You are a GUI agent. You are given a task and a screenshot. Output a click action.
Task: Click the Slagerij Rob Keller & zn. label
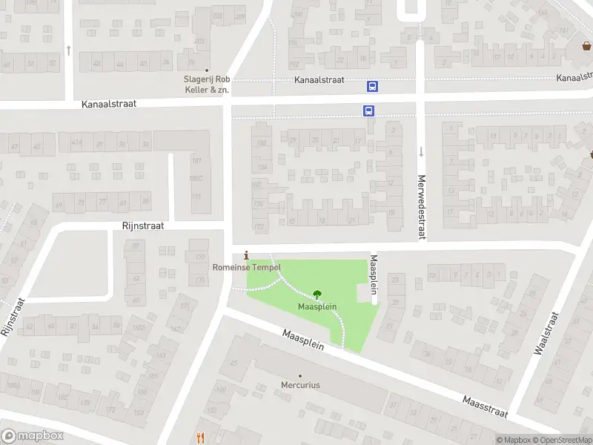click(x=207, y=85)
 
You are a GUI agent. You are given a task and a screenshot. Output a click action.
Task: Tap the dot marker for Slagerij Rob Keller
click(x=207, y=71)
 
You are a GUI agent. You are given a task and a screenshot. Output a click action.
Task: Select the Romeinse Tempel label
click(x=247, y=267)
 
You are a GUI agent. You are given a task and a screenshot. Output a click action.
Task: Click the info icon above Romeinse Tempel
click(x=247, y=254)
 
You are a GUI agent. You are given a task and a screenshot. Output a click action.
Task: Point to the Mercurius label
click(x=300, y=386)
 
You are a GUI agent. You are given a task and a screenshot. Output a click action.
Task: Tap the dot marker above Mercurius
click(x=300, y=375)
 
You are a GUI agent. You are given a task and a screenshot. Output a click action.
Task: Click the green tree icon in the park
click(x=318, y=294)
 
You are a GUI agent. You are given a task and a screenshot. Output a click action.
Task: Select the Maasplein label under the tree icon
click(x=318, y=306)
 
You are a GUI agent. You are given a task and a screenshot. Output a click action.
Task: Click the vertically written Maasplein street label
click(x=374, y=274)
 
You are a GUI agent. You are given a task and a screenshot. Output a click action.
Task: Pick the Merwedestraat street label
click(x=421, y=207)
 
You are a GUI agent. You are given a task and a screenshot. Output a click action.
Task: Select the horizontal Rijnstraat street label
click(x=143, y=225)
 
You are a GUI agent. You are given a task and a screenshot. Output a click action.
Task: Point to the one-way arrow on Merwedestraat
click(x=421, y=152)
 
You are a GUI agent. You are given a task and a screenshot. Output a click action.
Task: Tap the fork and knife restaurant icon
click(x=200, y=438)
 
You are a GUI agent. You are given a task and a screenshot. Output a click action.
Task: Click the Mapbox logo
click(x=33, y=436)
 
